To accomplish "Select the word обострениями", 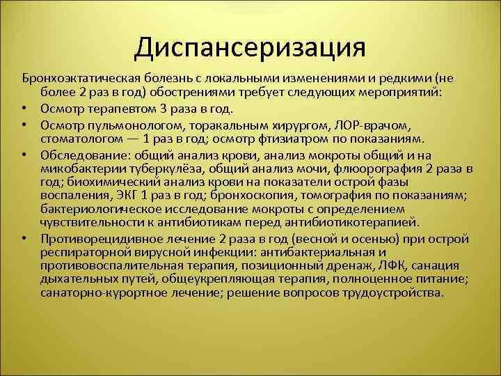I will (180, 93).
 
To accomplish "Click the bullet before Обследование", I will (24, 155).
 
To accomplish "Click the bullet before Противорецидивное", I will (24, 238).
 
